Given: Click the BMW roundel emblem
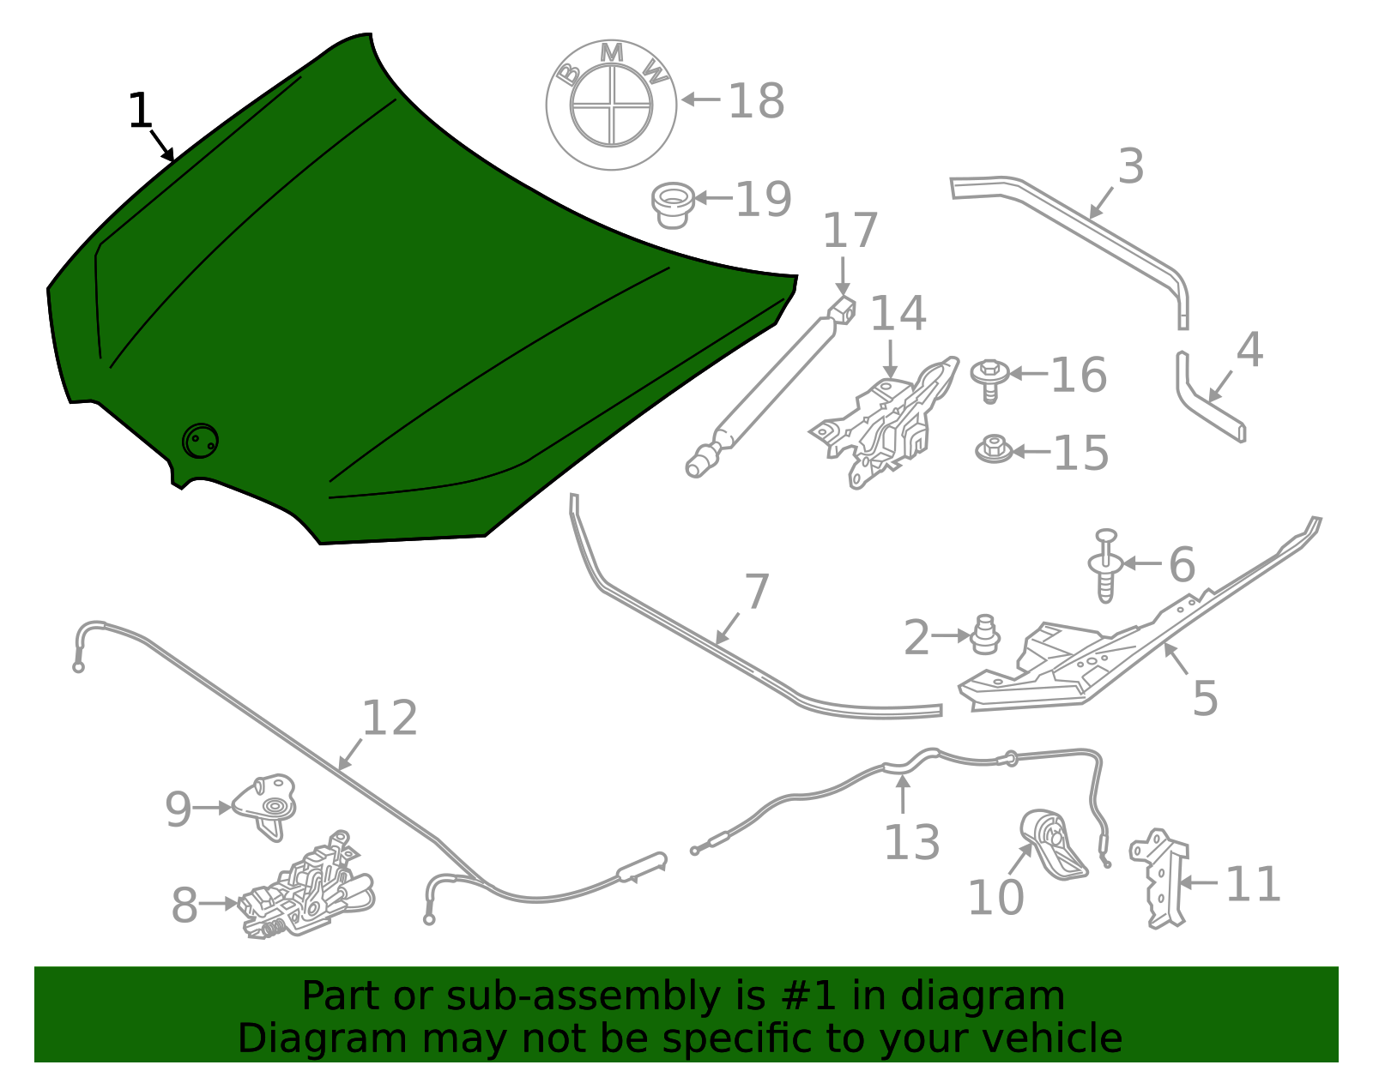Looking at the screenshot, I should click(611, 104).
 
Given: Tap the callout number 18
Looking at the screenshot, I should click(756, 101).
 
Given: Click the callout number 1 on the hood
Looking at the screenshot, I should click(140, 111).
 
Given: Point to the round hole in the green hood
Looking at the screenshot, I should click(200, 442).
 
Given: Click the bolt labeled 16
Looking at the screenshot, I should click(989, 378).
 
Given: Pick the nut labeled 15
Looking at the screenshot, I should click(993, 449).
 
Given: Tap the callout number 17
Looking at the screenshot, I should click(850, 230).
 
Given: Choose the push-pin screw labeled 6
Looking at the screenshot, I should click(1105, 566).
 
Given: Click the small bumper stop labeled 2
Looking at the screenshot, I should click(985, 634).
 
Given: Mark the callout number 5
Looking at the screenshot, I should click(1205, 698).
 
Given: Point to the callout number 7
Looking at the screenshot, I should click(757, 592).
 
